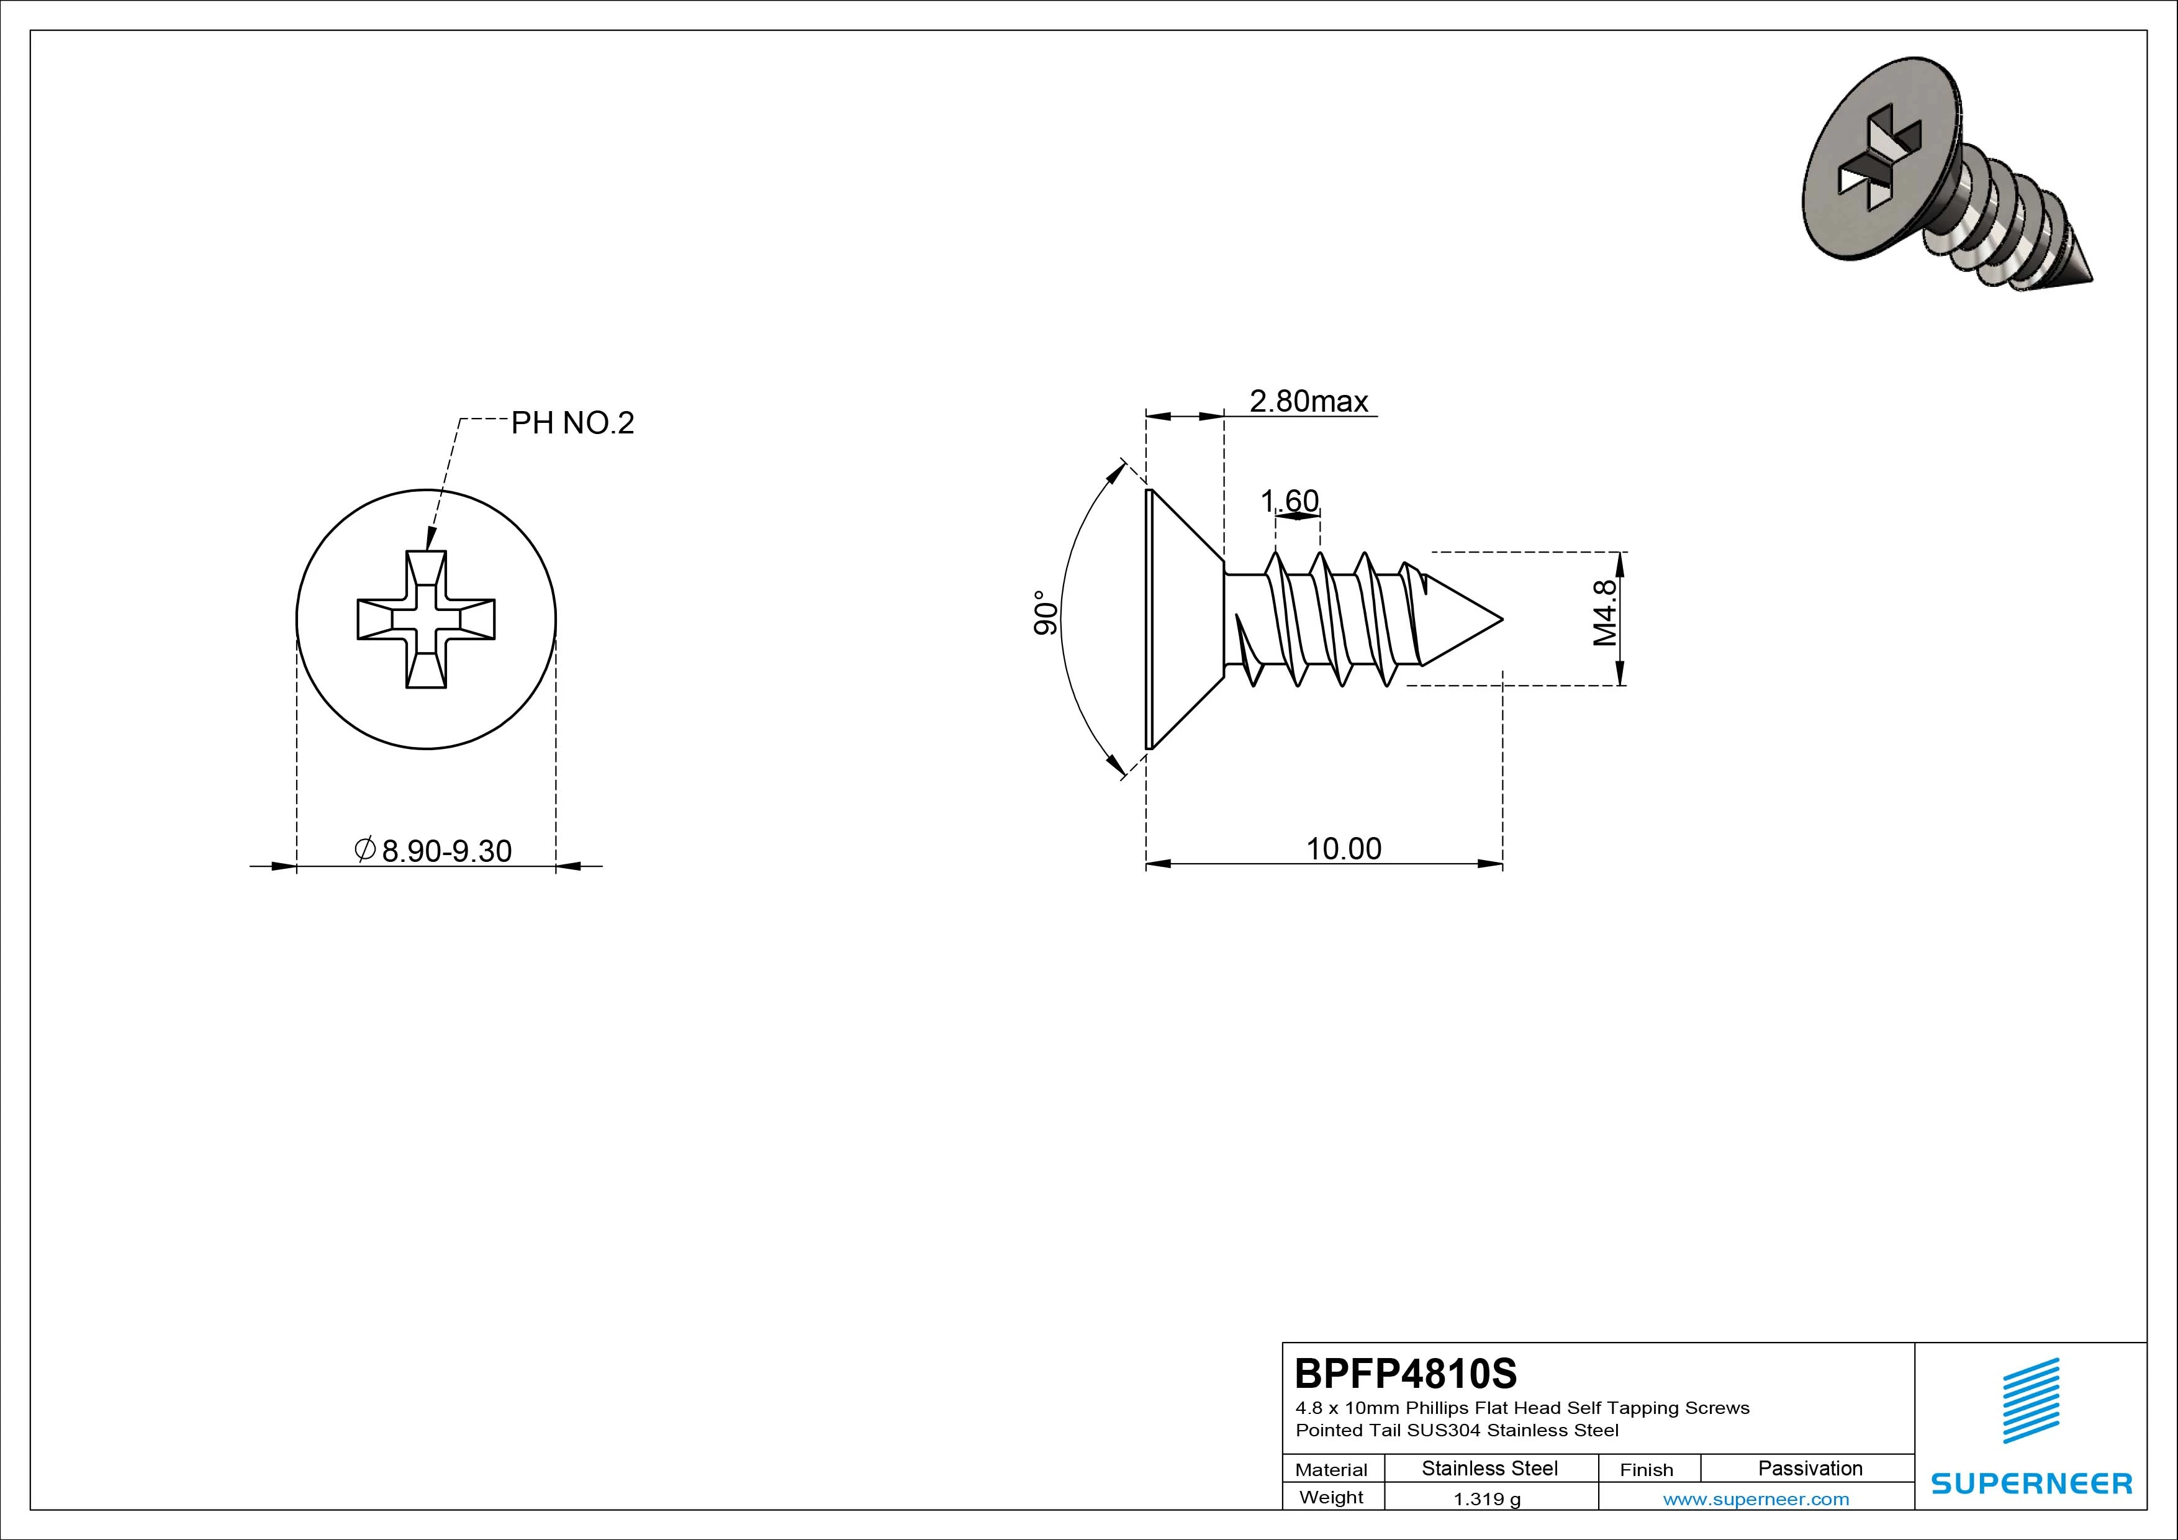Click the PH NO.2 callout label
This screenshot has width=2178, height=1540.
[572, 423]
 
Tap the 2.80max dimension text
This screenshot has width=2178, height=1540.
[1308, 401]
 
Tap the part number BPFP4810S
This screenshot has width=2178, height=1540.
[1406, 1373]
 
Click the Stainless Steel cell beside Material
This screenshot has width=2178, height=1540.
[1489, 1468]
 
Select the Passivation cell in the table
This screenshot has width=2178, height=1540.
[1810, 1468]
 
